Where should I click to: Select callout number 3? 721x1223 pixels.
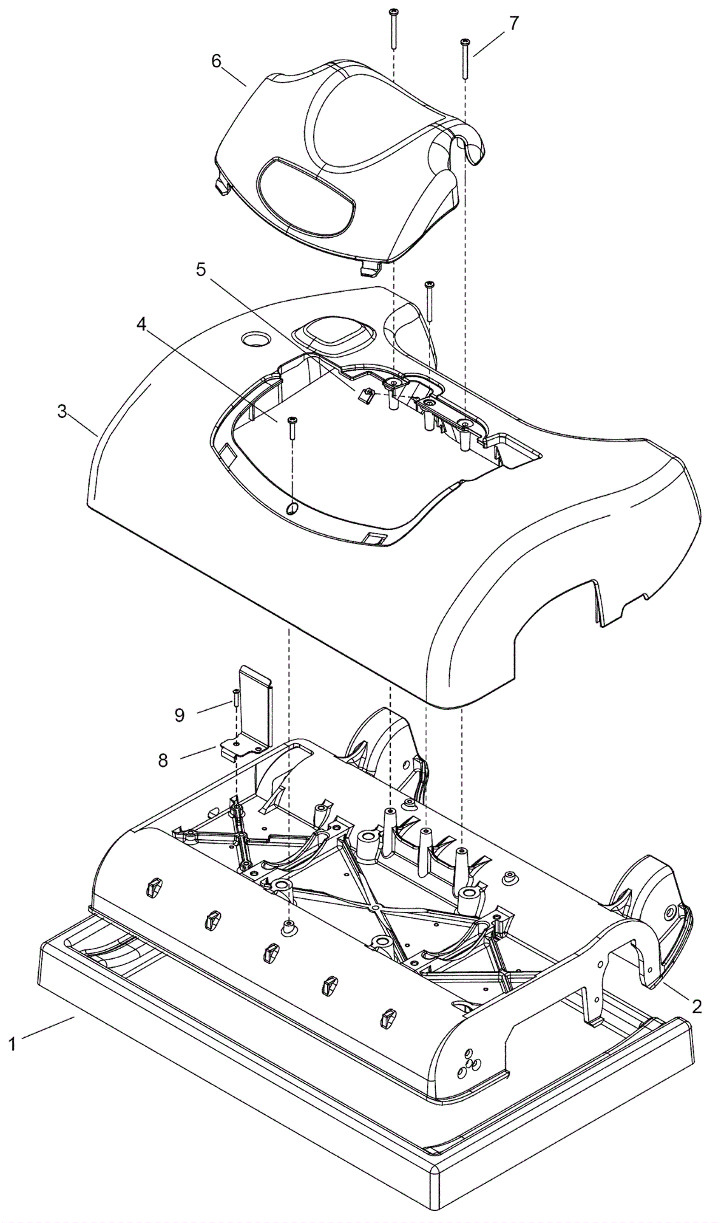pyautogui.click(x=62, y=412)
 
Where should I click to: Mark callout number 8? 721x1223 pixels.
pyautogui.click(x=163, y=760)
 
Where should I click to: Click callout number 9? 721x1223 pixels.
pyautogui.click(x=179, y=715)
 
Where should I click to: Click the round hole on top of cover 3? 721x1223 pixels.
pyautogui.click(x=254, y=338)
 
